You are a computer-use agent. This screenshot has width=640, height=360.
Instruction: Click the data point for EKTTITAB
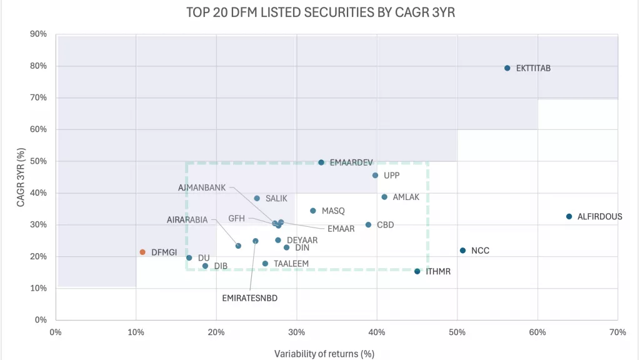coord(507,68)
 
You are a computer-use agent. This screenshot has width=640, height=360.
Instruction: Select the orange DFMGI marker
coord(142,252)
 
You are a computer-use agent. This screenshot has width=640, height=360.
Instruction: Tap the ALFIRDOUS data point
coord(569,217)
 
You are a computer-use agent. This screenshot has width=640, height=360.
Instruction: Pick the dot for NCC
coord(462,251)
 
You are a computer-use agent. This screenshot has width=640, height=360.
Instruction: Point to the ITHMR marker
coord(417,271)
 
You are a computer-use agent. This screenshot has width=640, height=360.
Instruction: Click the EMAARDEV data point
coord(321,162)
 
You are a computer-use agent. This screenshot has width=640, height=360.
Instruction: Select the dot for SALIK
coord(257,199)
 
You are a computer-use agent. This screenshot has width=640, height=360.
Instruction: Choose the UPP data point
coord(375,176)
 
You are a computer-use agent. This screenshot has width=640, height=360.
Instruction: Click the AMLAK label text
coord(406,197)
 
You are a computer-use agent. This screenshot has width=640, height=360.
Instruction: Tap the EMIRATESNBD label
coord(249,298)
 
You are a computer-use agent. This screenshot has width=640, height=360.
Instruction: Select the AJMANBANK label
coord(202,187)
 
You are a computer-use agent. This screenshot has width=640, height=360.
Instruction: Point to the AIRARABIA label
coord(187,219)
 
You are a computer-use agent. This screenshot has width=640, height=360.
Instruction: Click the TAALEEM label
coord(291,264)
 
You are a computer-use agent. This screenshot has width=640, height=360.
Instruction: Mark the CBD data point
coord(368,225)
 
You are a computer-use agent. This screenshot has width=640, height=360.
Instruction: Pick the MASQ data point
coord(313,211)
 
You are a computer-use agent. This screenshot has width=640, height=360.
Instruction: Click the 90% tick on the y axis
coord(39,34)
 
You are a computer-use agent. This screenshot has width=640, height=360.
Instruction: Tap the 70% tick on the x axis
coord(617,332)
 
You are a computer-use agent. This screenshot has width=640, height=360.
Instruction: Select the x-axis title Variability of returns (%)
coord(324,354)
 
